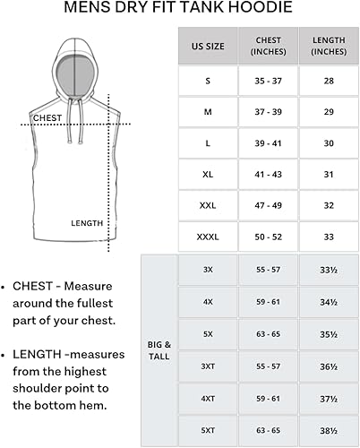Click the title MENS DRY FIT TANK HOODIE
click(x=179, y=10)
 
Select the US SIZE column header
click(x=207, y=46)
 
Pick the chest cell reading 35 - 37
click(x=268, y=82)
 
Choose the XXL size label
click(x=207, y=205)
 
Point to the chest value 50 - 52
click(x=268, y=237)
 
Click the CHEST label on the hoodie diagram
click(x=47, y=117)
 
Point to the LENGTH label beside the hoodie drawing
click(x=88, y=223)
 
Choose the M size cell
click(x=207, y=112)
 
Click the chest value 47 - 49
click(x=268, y=205)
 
